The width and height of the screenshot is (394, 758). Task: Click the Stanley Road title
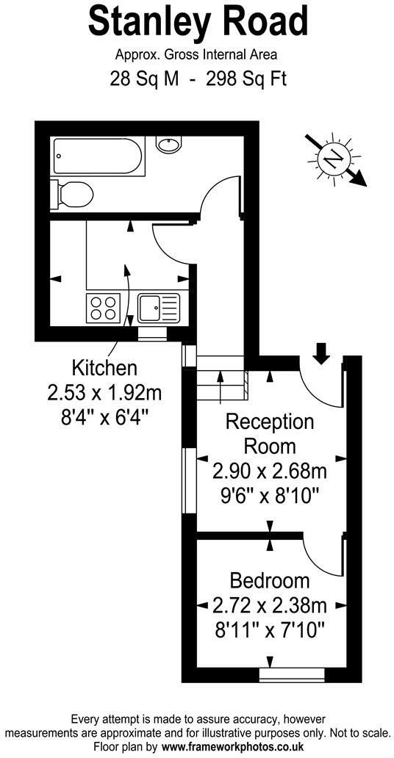(x=197, y=22)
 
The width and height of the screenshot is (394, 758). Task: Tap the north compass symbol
(x=334, y=157)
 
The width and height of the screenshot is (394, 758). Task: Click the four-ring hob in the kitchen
(x=103, y=306)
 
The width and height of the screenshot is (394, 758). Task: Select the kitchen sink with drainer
(x=158, y=306)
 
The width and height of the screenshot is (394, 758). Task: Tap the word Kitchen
(x=104, y=367)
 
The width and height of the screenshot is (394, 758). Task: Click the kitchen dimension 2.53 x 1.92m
(x=104, y=392)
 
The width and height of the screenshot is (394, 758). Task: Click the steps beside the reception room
(x=221, y=379)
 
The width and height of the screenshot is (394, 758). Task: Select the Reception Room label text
(x=269, y=433)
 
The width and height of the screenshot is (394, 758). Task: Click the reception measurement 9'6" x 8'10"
(x=269, y=495)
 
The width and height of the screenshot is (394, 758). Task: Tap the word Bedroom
(x=269, y=581)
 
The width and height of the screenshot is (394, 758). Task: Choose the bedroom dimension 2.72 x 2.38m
(x=269, y=606)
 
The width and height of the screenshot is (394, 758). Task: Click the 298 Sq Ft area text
(x=246, y=78)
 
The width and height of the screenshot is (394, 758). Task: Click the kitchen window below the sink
(x=152, y=334)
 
